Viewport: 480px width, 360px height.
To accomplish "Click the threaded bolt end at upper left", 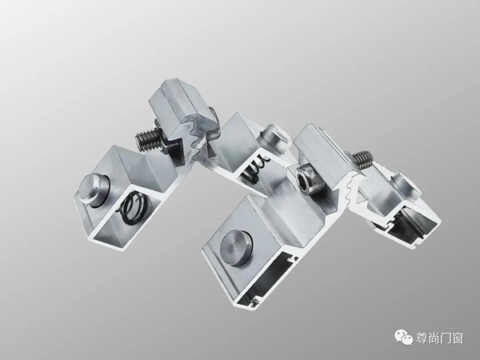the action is [x=149, y=138].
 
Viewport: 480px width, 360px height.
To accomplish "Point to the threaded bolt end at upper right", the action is [x=363, y=160].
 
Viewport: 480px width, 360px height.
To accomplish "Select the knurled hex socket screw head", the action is [x=308, y=178].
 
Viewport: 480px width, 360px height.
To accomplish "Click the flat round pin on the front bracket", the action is [x=236, y=247].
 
